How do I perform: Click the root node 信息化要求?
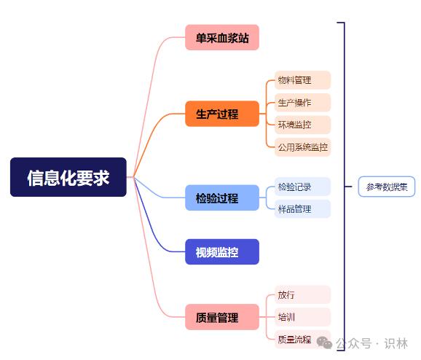coord(68,177)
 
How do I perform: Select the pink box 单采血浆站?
coord(222,37)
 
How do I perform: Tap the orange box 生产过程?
coord(222,114)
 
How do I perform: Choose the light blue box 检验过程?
coord(222,197)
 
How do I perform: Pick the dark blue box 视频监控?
coord(222,251)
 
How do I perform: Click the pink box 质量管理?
coord(222,317)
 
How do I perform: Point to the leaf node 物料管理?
coord(302,80)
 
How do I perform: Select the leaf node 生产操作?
coord(302,102)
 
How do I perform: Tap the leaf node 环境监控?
coord(302,125)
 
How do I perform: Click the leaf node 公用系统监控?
coord(302,147)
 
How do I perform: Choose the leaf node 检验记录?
coord(302,187)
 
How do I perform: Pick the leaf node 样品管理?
coord(302,208)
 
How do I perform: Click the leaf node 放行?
coord(302,294)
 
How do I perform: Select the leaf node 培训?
coord(302,317)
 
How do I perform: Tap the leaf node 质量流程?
coord(302,340)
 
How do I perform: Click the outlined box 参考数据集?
coord(387,187)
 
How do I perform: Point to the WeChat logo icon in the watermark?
coord(324,343)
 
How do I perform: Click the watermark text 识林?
coord(396,344)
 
